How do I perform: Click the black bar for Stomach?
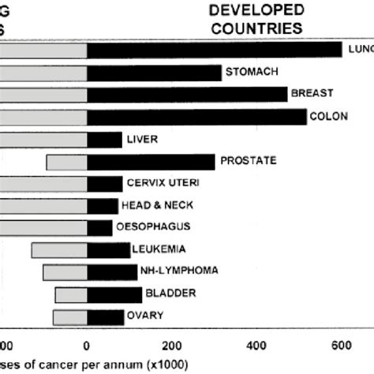154,73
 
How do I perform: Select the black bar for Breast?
187,95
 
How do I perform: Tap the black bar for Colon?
196,117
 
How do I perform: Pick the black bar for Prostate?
151,162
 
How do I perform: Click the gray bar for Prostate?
66,162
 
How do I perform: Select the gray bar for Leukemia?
59,250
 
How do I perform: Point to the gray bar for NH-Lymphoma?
65,272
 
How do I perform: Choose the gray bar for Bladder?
71,294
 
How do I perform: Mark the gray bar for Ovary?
70,317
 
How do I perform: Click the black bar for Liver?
104,140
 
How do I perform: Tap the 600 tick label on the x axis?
341,345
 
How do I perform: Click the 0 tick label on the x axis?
87,345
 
